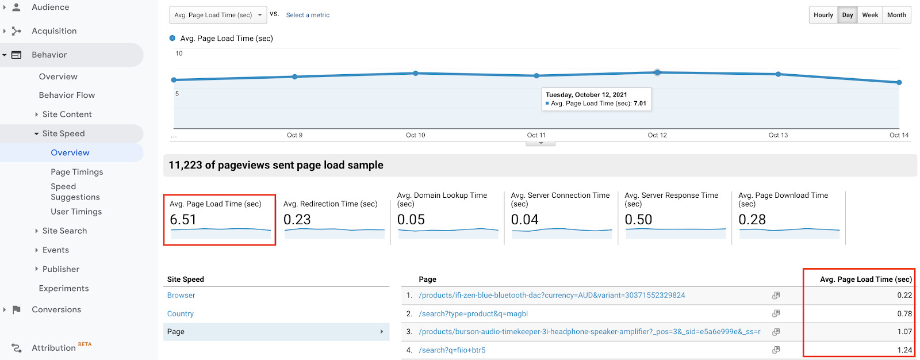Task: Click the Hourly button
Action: [x=823, y=15]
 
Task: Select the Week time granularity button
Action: [x=869, y=15]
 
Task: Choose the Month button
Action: [x=896, y=15]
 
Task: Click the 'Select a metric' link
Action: [x=308, y=15]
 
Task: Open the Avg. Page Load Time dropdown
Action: [x=218, y=15]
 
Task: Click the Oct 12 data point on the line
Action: [x=657, y=72]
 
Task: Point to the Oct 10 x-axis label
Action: [x=415, y=135]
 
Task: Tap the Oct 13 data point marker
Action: [x=778, y=74]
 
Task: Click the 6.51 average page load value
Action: [x=183, y=220]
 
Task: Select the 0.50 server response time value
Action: [x=638, y=220]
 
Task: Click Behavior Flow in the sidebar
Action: [x=67, y=95]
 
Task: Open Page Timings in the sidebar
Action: [x=76, y=172]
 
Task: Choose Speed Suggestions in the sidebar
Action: [x=75, y=192]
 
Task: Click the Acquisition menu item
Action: [x=54, y=31]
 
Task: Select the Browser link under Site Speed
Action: [x=181, y=295]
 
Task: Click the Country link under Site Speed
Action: [x=181, y=313]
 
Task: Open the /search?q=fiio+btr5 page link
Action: [x=452, y=350]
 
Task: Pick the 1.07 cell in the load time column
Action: [x=904, y=332]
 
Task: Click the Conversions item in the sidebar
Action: [x=56, y=309]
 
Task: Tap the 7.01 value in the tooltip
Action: [x=640, y=104]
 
